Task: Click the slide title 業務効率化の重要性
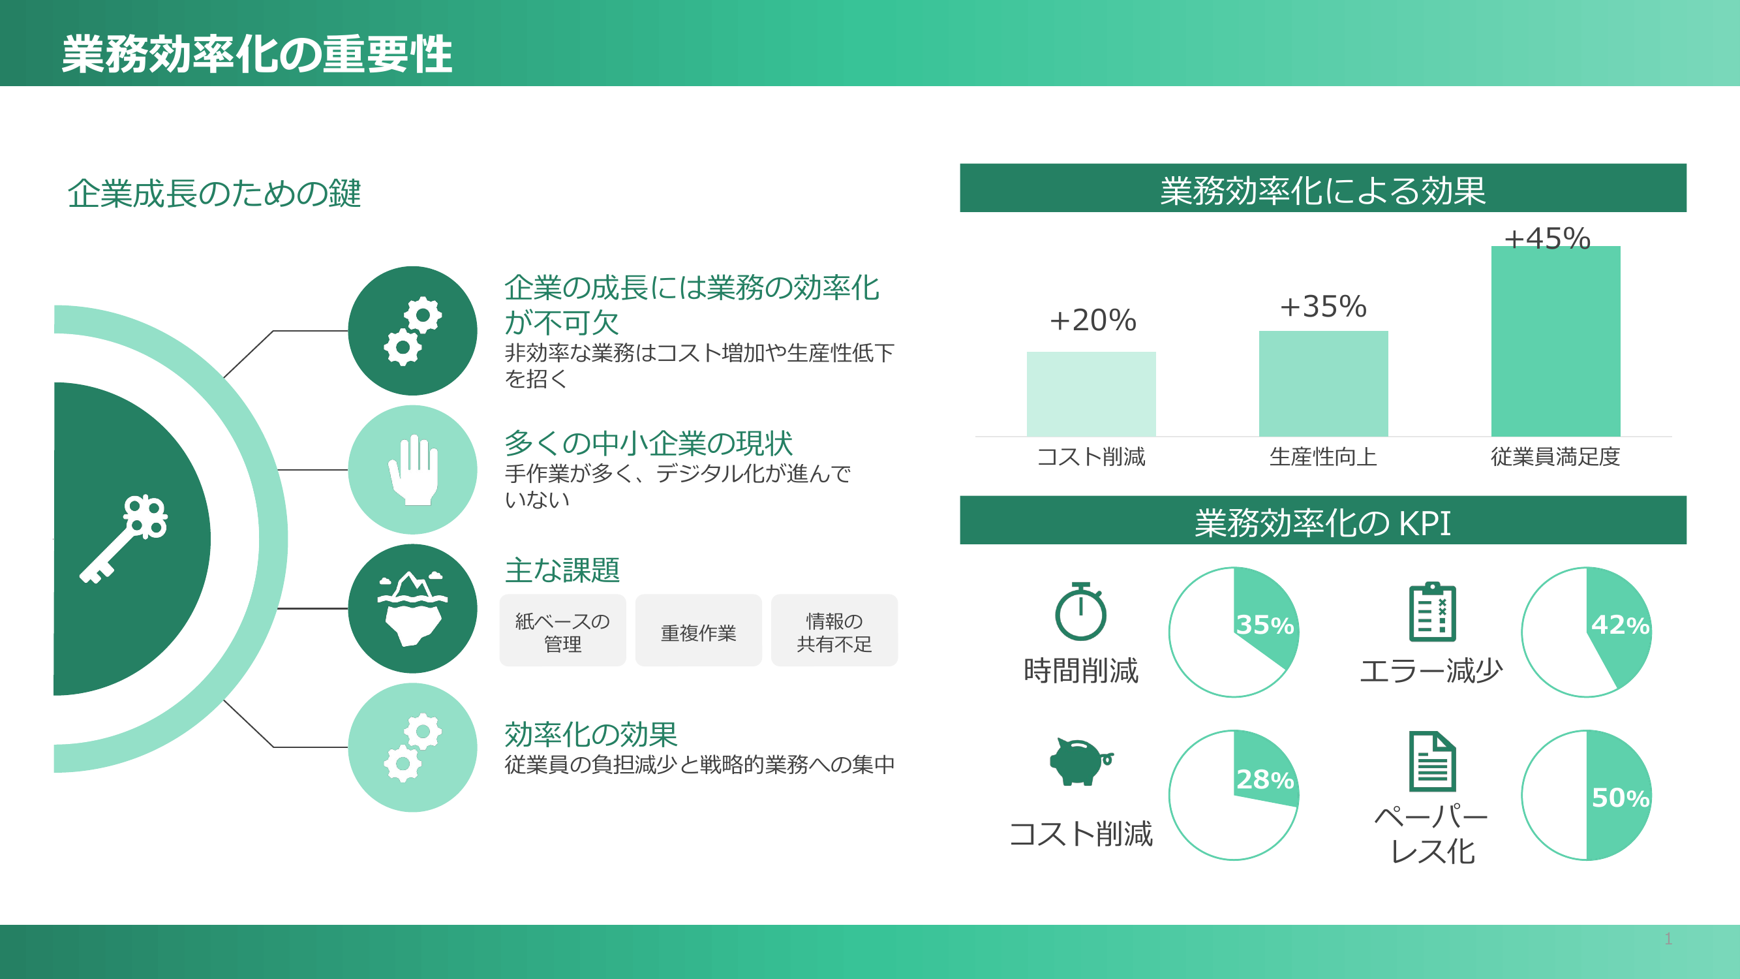pos(256,54)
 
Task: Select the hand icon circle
pos(413,469)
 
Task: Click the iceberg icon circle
pos(413,608)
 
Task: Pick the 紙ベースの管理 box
pos(562,630)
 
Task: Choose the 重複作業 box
pos(699,630)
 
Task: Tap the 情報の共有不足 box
pos(834,630)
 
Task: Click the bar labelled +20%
pos(1091,394)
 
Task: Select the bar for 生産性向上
pos(1323,383)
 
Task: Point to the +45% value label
pos(1547,238)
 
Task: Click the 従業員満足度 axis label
pos(1555,457)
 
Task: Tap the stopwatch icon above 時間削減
pos(1081,611)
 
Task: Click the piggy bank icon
pos(1081,762)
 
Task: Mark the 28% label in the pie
pos(1264,780)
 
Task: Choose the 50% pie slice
pos(1619,795)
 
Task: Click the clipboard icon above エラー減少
pos(1432,611)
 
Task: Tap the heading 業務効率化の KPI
pos(1322,523)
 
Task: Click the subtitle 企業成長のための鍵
pos(214,194)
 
